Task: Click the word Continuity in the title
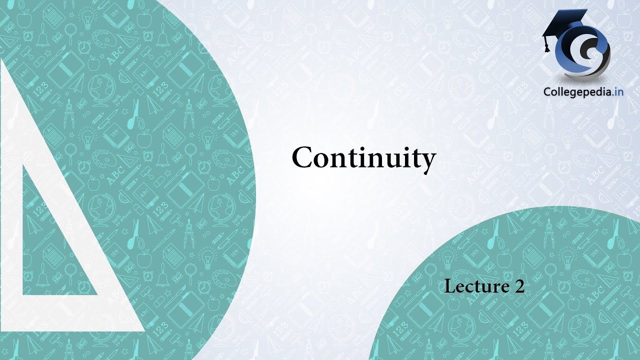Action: tap(363, 158)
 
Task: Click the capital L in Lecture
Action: tap(450, 286)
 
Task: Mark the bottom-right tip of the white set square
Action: tap(143, 330)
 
